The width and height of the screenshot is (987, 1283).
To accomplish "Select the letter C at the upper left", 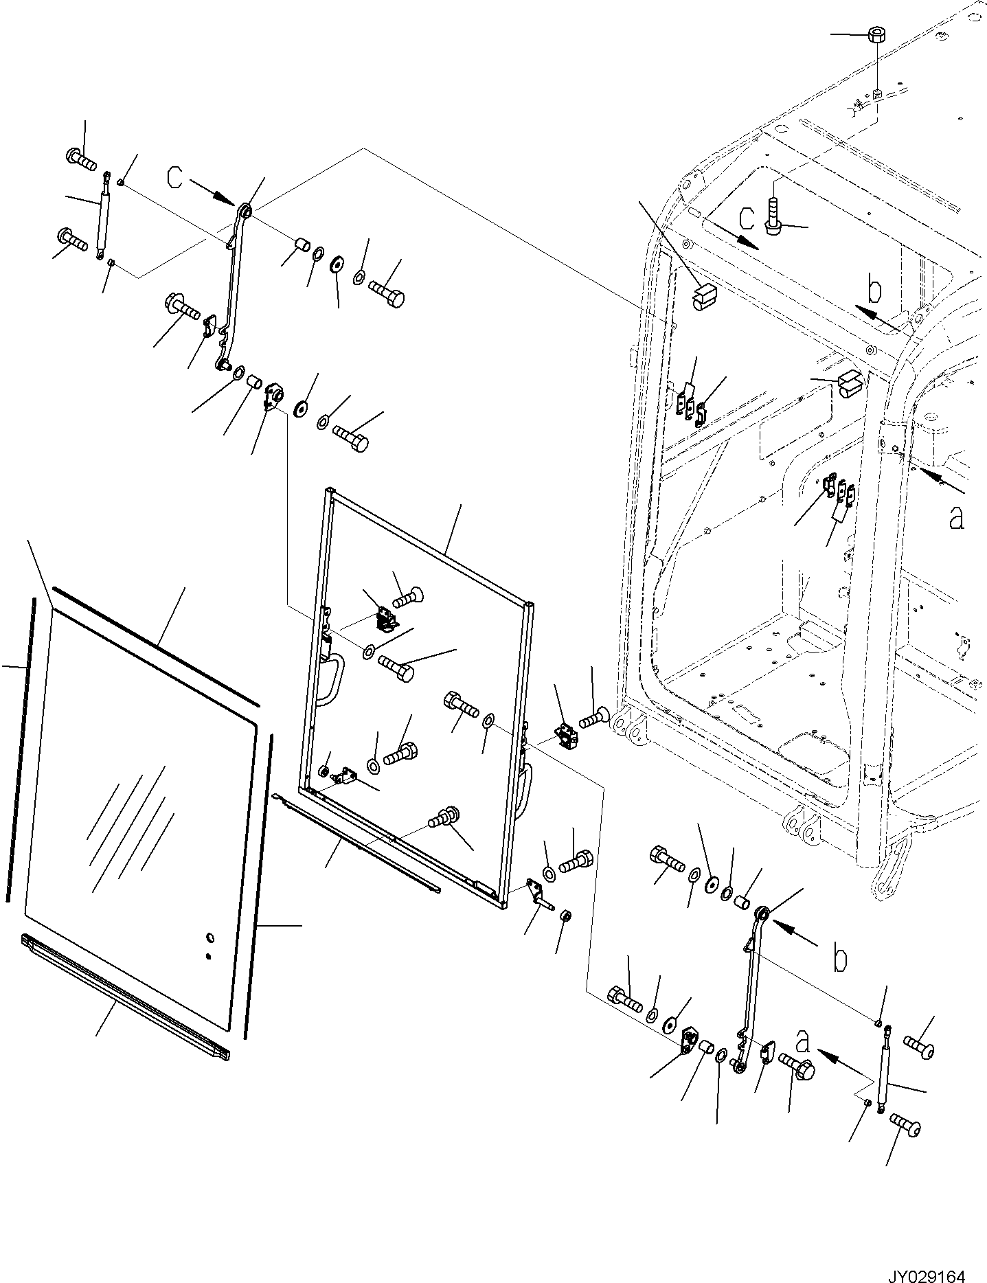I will (x=176, y=178).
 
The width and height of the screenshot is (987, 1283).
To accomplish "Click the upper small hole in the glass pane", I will (x=210, y=938).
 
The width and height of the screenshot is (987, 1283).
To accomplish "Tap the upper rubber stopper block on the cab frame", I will (x=704, y=297).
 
